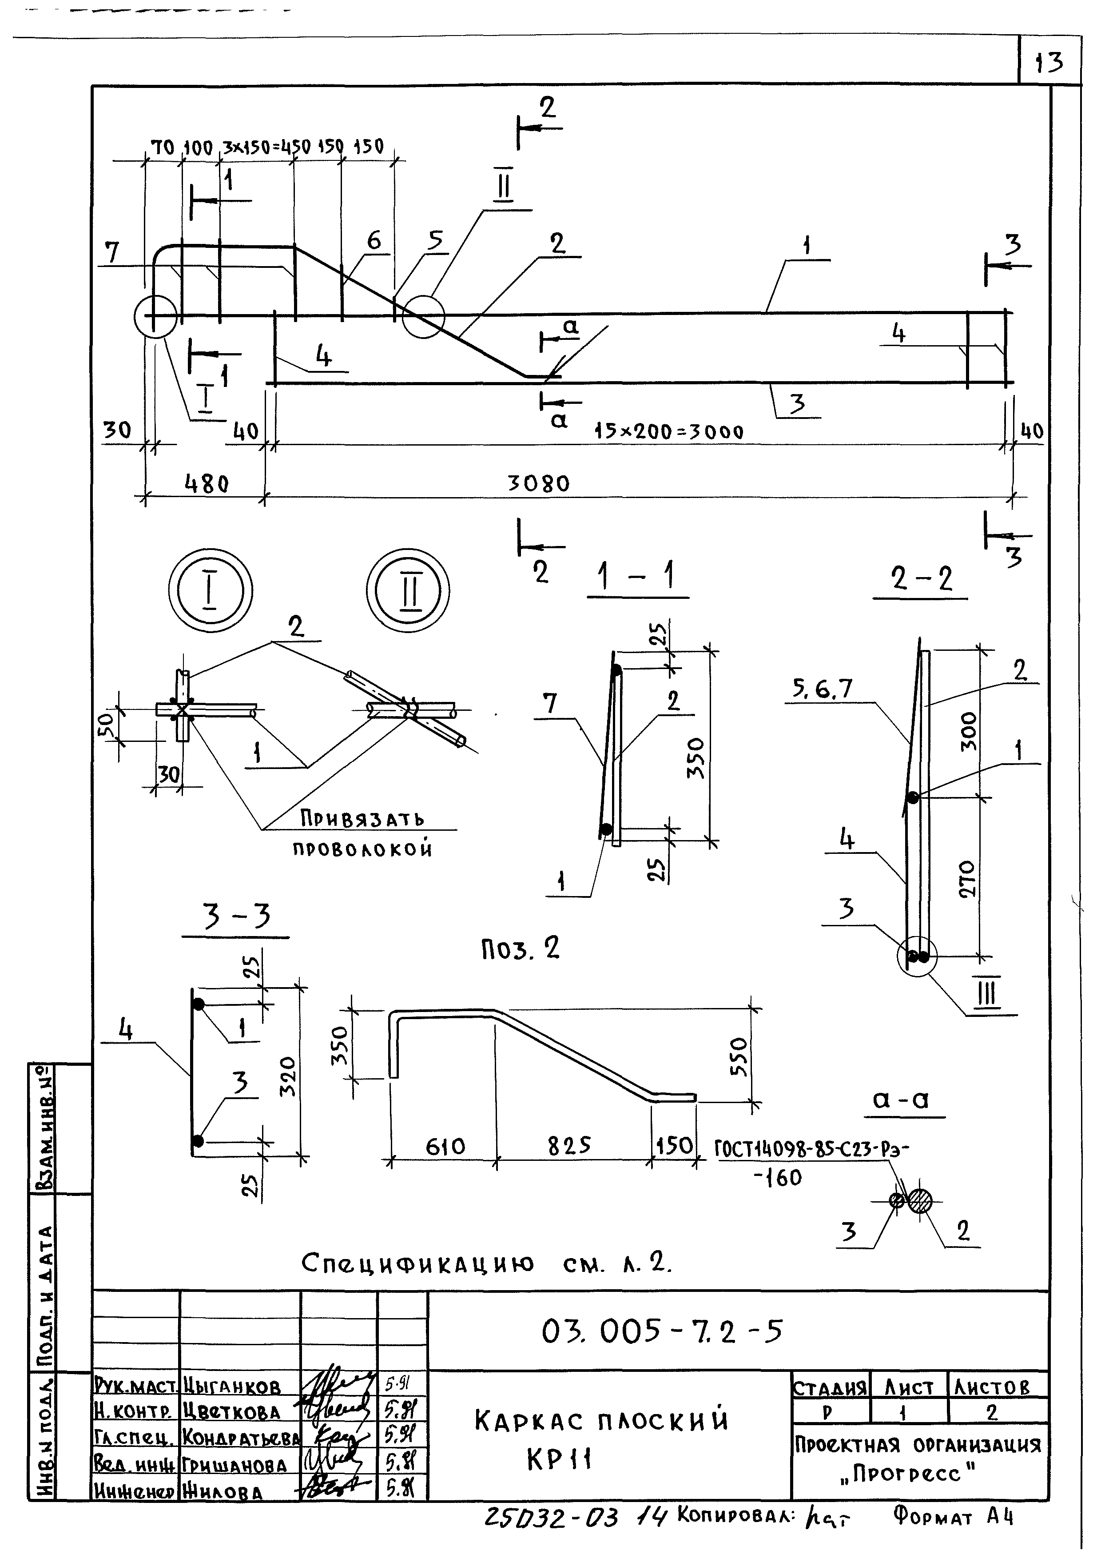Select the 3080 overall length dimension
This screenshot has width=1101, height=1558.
point(539,483)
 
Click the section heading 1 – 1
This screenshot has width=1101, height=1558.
point(636,578)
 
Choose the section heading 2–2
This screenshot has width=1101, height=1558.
point(921,579)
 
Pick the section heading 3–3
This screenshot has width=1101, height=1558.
point(237,916)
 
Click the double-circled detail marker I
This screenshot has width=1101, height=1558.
point(210,589)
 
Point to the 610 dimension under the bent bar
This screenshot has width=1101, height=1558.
point(445,1147)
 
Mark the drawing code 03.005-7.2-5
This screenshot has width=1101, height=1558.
point(662,1331)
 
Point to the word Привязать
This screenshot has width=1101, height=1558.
point(362,819)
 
